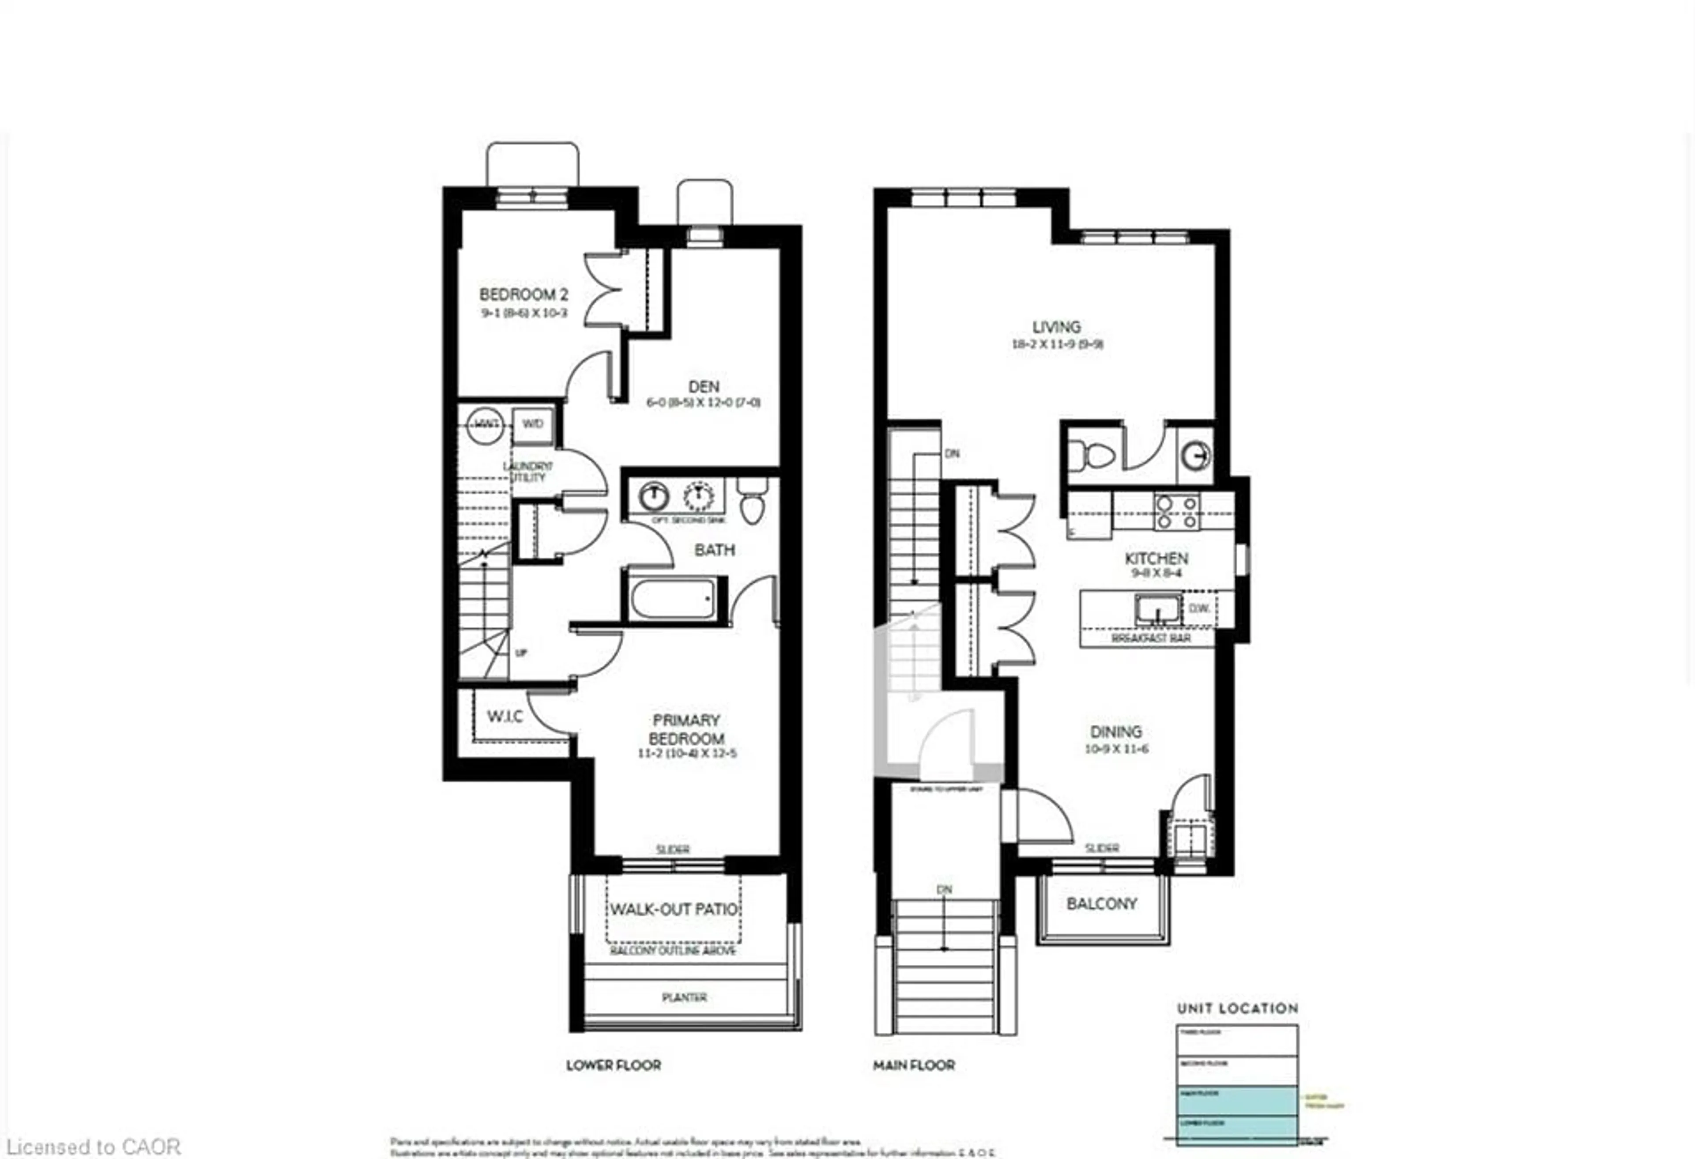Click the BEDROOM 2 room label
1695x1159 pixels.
click(523, 294)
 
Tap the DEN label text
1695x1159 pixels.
click(703, 387)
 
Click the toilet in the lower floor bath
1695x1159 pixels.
click(752, 502)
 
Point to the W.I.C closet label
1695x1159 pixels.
click(505, 716)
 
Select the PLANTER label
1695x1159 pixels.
click(684, 997)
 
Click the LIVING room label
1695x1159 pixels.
click(1056, 327)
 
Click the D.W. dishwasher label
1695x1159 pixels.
click(1199, 608)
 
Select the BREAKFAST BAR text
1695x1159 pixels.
click(1150, 638)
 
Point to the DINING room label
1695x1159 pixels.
click(1116, 732)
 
